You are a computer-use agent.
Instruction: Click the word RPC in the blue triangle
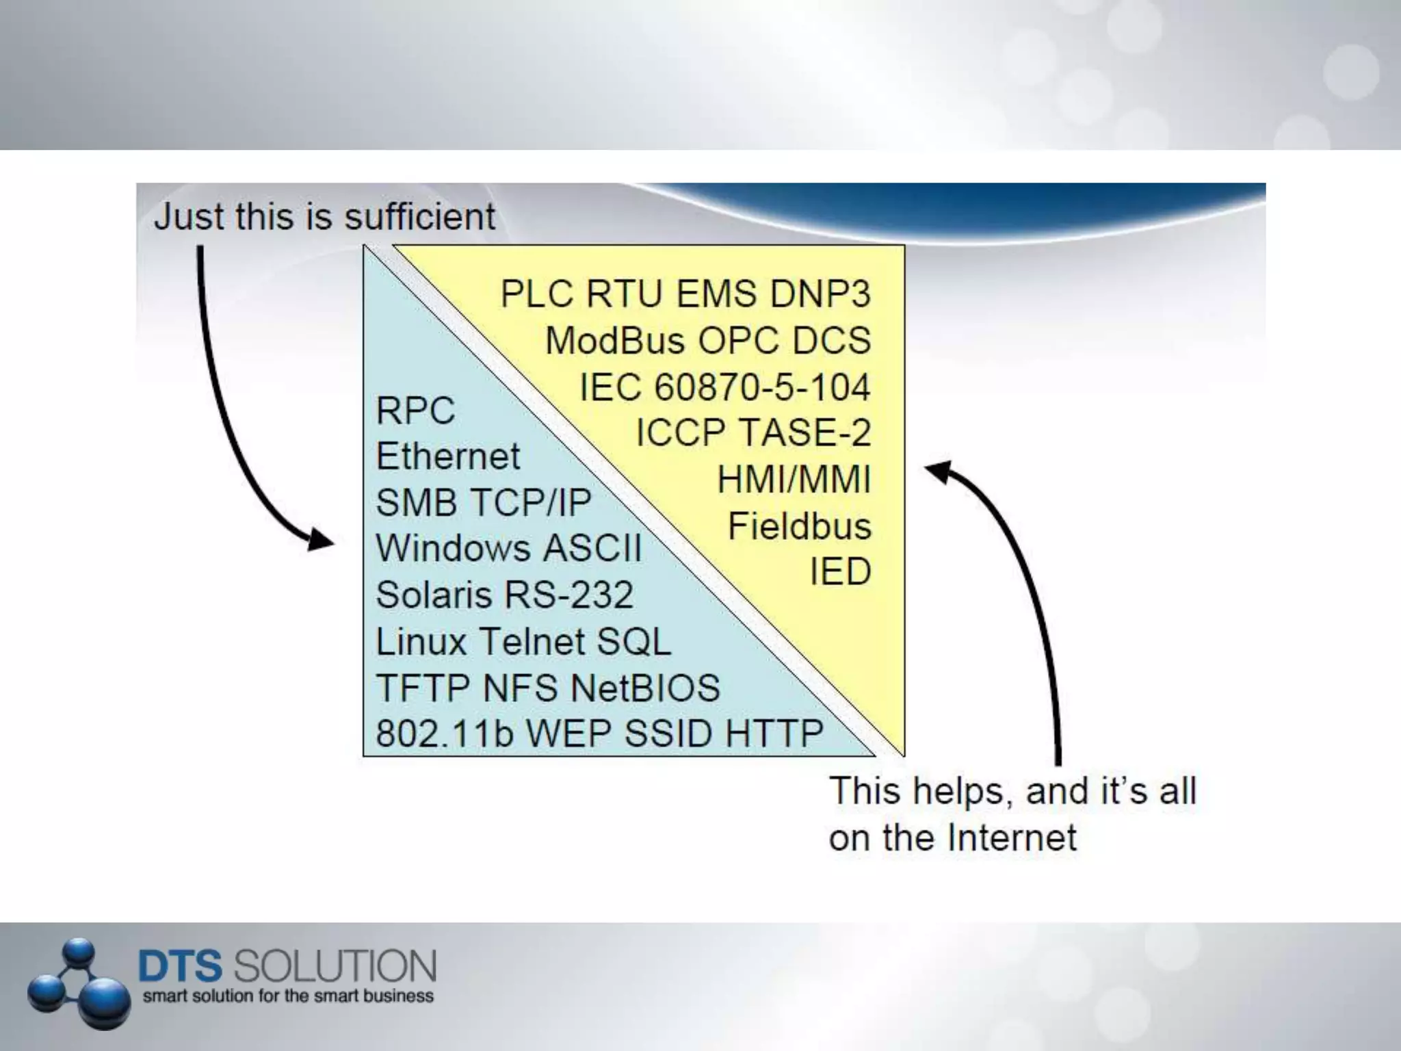415,411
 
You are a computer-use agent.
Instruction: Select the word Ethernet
448,456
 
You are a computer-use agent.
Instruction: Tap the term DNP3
820,294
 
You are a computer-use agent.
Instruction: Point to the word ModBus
615,341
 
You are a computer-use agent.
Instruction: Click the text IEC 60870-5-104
725,387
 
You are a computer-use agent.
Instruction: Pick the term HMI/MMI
794,479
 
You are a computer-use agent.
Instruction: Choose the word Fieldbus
799,526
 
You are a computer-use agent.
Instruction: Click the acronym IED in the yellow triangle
840,571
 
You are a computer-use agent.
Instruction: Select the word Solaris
434,595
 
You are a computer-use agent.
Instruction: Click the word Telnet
531,642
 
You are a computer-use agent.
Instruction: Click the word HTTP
774,734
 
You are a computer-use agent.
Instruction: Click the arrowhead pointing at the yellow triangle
939,471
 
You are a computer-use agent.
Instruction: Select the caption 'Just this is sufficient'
324,217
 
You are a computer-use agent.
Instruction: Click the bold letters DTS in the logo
180,965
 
